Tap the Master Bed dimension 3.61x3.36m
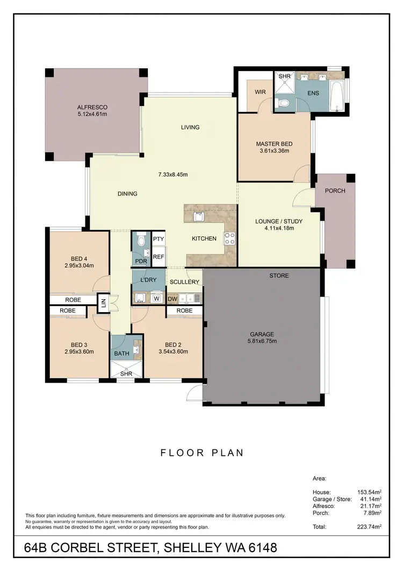(x=274, y=151)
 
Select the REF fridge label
(x=158, y=257)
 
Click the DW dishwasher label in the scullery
(x=172, y=299)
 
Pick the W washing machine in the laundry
(x=157, y=298)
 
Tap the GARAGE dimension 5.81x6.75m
(x=262, y=341)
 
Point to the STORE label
(x=279, y=276)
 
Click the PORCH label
(x=335, y=191)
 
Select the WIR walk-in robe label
(x=260, y=92)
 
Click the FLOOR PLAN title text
(x=202, y=453)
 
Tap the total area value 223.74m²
(x=370, y=526)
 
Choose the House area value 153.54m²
(x=370, y=492)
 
